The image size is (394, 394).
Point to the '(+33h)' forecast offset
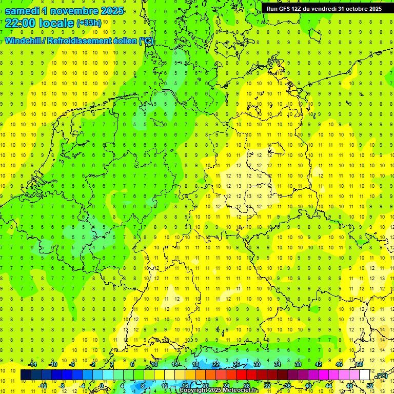pos(88,23)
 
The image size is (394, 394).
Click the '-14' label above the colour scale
pos(32,364)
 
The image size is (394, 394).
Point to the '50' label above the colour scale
pos(360,364)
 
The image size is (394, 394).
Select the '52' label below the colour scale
pos(370,385)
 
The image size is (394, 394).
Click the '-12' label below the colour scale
pos(43,385)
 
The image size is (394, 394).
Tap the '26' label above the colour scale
pos(237,364)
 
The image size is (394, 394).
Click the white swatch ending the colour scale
pos(365,375)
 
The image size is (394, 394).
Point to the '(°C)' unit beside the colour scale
pos(381,376)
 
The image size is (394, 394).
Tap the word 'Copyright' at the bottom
pos(194,390)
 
